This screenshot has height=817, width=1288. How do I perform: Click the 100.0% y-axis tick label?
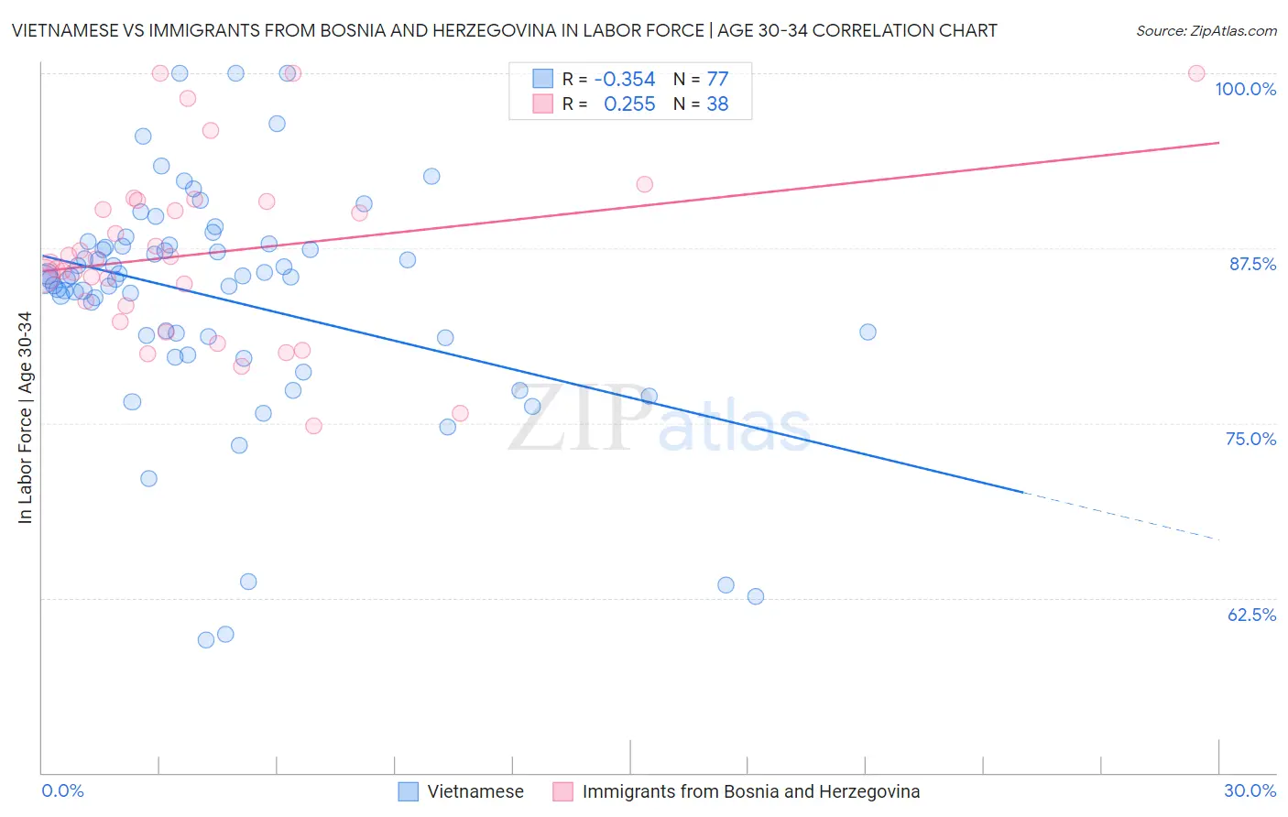(1245, 89)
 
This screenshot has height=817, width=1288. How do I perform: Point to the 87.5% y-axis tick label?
(1252, 264)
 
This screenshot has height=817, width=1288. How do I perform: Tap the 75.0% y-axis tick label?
(1250, 439)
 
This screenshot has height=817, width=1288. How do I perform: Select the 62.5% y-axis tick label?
(1251, 614)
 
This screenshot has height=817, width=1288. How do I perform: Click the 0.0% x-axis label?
(62, 790)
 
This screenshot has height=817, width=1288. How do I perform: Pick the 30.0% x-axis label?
(1250, 790)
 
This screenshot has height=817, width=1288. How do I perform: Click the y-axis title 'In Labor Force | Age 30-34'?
(25, 418)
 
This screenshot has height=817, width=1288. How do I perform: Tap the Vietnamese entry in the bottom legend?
(462, 791)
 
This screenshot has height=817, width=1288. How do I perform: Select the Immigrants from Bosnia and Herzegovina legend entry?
(737, 791)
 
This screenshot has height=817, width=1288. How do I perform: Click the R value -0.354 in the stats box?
(625, 79)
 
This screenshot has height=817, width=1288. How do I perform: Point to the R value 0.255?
(629, 104)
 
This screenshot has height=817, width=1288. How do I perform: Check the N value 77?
(717, 79)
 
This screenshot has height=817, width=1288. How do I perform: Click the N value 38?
(717, 104)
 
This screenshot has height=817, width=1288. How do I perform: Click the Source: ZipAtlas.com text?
(1206, 30)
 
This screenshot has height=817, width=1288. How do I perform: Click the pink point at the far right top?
(1196, 73)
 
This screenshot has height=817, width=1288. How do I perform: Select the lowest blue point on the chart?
(206, 640)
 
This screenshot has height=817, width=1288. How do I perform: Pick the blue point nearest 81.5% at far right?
(868, 332)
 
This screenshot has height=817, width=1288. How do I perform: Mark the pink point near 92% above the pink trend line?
(644, 184)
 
